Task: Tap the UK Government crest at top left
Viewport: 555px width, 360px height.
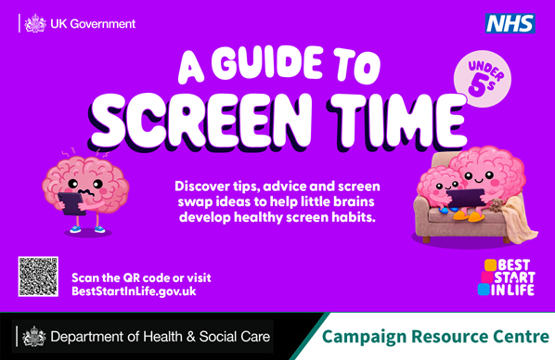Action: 34,22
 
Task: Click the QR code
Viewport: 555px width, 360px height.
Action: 38,276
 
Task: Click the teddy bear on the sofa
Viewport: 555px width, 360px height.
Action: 497,208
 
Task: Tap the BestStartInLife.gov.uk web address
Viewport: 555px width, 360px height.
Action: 134,291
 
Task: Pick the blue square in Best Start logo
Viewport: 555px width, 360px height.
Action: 484,289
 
